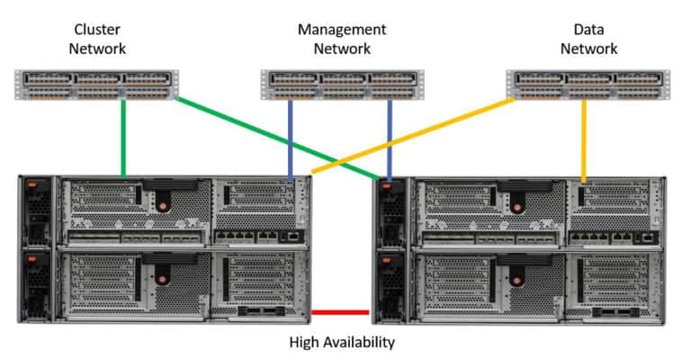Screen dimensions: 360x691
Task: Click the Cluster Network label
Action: tap(97, 39)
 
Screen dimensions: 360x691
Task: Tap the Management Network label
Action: tap(342, 39)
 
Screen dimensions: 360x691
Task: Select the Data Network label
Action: tap(588, 39)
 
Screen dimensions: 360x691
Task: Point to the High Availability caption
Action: tap(342, 342)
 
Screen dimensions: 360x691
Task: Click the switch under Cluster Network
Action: tap(97, 83)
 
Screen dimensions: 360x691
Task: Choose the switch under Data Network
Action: tap(588, 84)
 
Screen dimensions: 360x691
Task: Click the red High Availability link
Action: tap(340, 312)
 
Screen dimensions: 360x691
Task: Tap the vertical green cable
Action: tap(123, 135)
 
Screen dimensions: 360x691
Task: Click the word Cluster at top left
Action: tap(97, 30)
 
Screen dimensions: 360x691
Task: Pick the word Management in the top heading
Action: tap(342, 30)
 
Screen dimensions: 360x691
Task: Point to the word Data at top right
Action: tap(588, 30)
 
